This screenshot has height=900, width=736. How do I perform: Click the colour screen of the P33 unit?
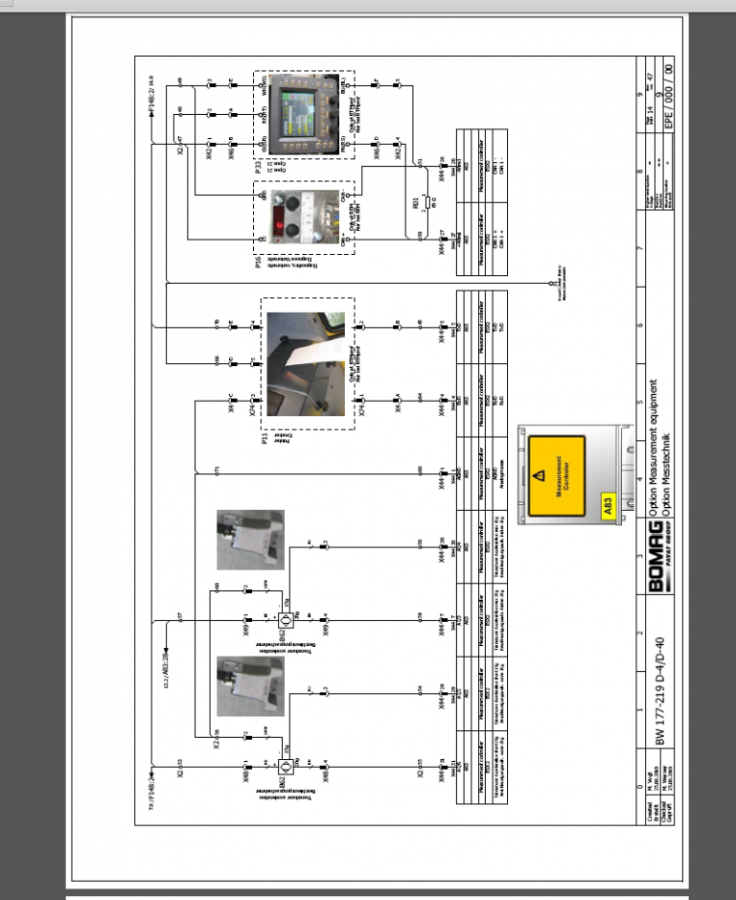(x=290, y=108)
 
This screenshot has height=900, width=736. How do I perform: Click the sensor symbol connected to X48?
(x=286, y=766)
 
